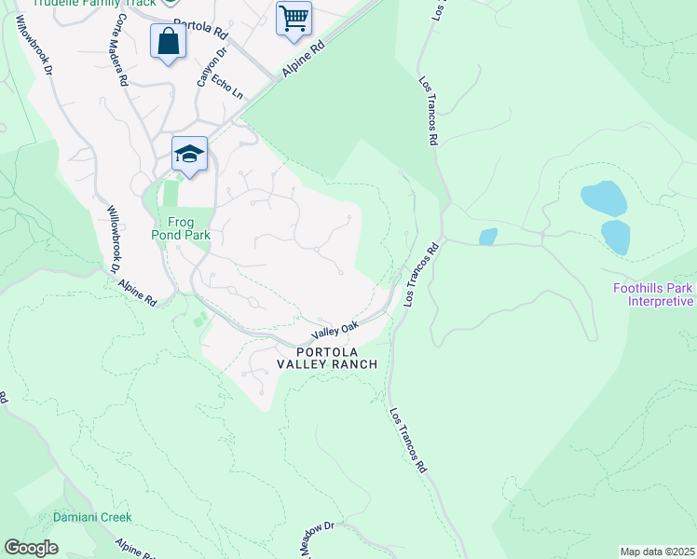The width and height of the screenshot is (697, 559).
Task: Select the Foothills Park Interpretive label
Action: point(653,294)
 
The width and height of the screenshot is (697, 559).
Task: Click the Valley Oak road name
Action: point(335,330)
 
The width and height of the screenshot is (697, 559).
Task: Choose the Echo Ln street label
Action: point(226,88)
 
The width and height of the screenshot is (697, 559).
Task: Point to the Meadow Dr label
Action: point(317,539)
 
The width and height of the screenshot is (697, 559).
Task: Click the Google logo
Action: point(31,548)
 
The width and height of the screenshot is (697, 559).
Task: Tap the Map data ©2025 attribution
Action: point(657,552)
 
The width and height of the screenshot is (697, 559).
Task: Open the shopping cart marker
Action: point(294,18)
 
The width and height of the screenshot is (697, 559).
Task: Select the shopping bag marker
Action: point(168,42)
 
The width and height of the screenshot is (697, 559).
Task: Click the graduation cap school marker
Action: point(189,155)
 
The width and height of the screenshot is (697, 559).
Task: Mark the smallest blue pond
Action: point(487,237)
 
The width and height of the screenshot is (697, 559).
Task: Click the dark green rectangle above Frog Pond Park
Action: point(169,194)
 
